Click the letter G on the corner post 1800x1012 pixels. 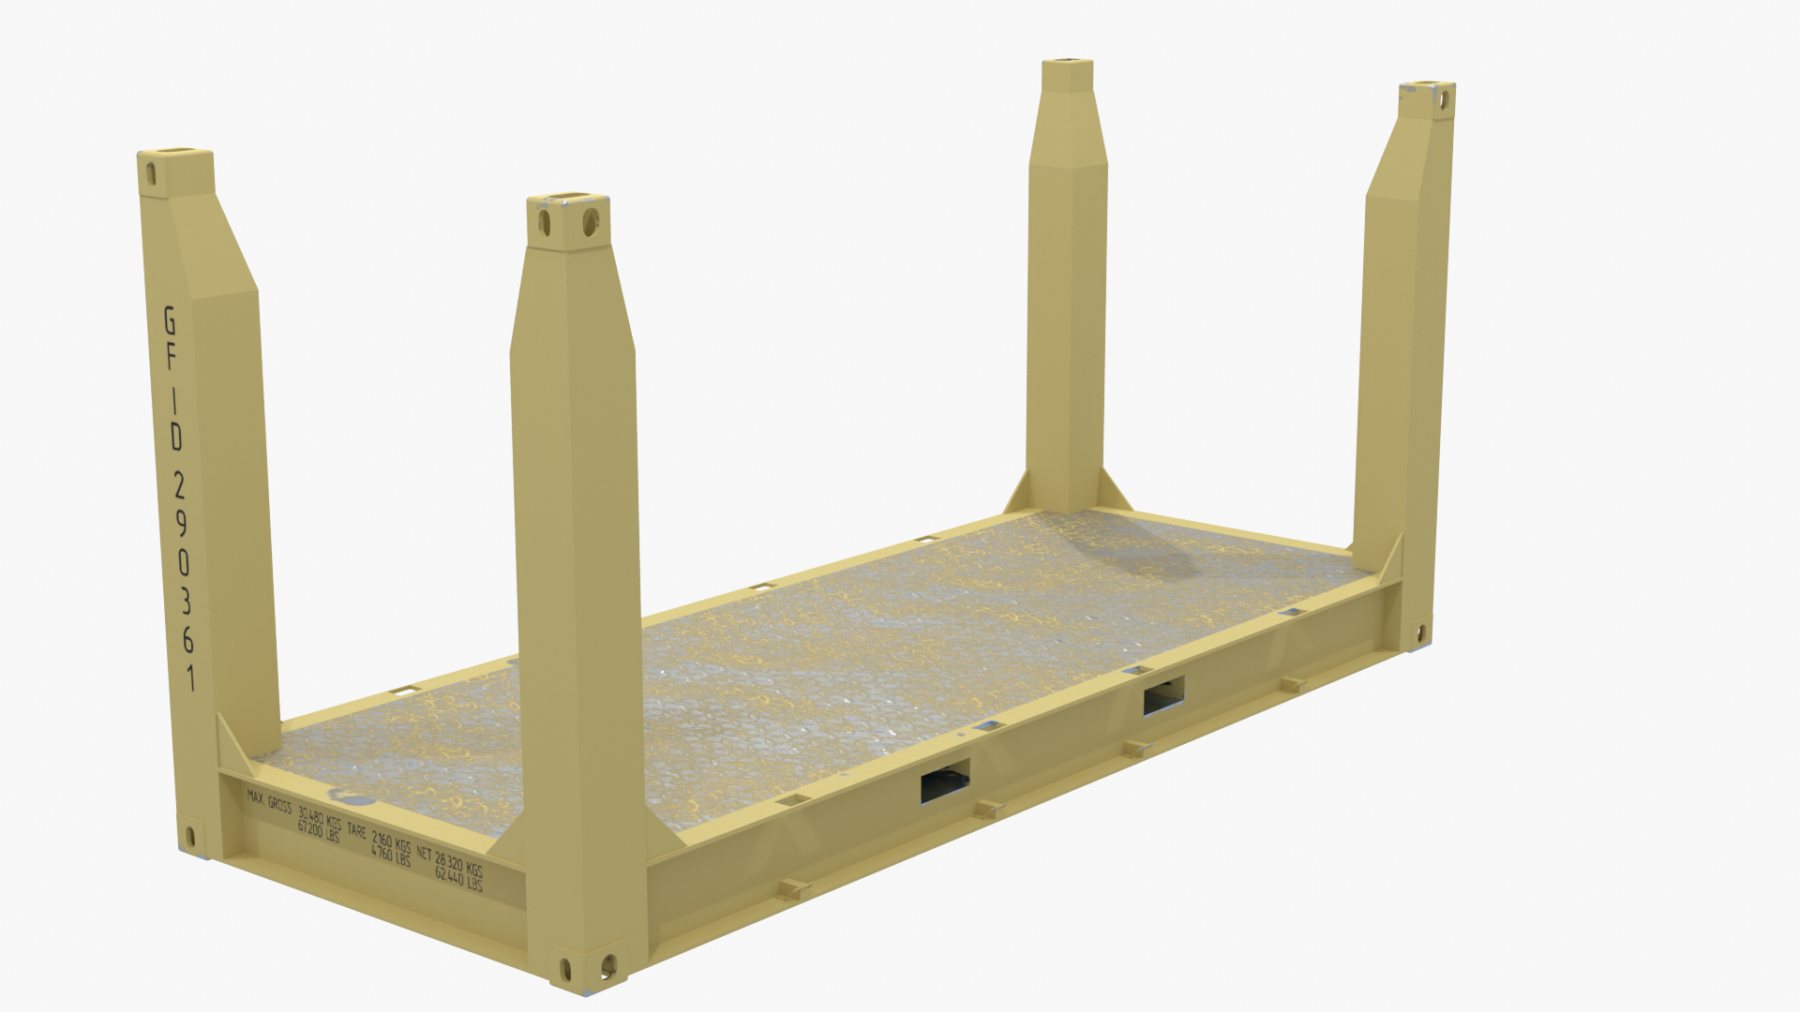[170, 320]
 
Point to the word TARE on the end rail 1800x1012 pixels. [356, 830]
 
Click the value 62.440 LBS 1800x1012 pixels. [458, 880]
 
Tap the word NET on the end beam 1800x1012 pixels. [424, 854]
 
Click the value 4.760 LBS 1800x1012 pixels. [390, 855]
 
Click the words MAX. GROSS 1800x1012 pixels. [269, 802]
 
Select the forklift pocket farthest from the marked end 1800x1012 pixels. [1163, 695]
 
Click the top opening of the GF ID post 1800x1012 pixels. [177, 152]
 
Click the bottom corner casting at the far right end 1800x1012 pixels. [1420, 634]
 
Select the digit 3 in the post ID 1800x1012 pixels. [185, 601]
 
